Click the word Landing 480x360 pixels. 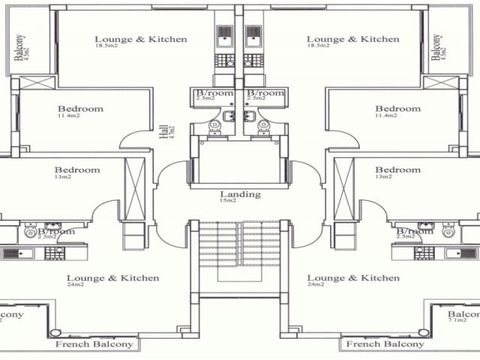click(x=240, y=194)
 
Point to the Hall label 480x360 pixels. click(x=164, y=131)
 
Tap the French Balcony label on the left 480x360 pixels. click(x=94, y=344)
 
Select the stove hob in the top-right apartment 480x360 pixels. click(x=254, y=60)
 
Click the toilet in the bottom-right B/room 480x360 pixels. click(x=448, y=232)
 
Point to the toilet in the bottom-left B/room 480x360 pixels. click(x=31, y=232)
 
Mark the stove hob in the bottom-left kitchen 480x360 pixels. click(x=55, y=253)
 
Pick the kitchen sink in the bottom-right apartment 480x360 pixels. click(x=460, y=253)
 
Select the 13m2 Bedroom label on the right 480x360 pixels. click(x=397, y=169)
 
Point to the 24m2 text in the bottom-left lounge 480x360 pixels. click(x=75, y=285)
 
